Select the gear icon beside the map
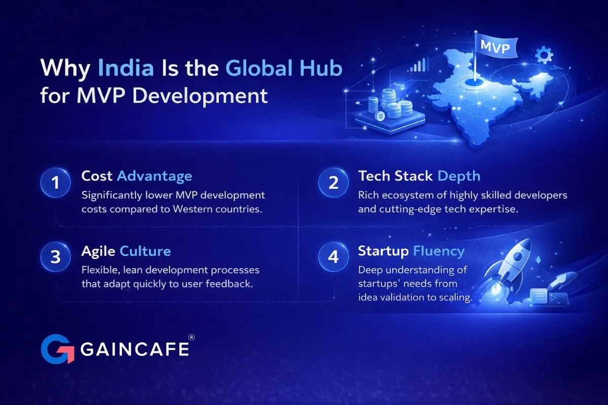click(544, 55)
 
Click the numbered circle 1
click(55, 183)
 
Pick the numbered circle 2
click(333, 183)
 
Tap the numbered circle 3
click(55, 257)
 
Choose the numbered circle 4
click(333, 257)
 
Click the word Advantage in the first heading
click(155, 176)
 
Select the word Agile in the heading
click(98, 251)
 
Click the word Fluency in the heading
click(439, 251)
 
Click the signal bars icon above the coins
click(418, 65)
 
